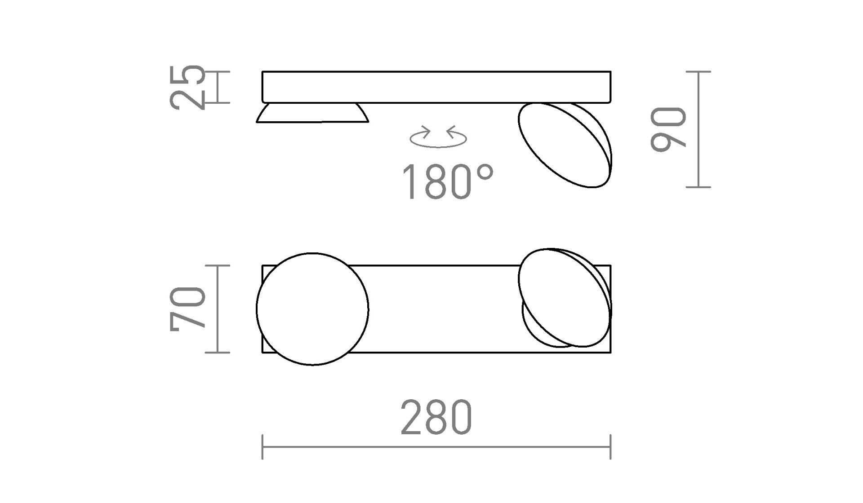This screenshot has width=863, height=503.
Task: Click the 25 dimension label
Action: (x=188, y=87)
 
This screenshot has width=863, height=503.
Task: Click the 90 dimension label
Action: (x=668, y=129)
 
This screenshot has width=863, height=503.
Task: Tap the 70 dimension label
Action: (x=188, y=309)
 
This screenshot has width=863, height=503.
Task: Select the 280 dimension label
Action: (x=436, y=417)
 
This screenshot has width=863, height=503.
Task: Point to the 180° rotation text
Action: (x=448, y=181)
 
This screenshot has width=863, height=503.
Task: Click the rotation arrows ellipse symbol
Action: (x=438, y=137)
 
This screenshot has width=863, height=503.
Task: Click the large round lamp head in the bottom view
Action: (x=312, y=309)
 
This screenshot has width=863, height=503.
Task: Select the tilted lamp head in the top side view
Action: (x=565, y=145)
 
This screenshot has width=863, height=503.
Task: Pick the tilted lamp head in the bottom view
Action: (x=565, y=298)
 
